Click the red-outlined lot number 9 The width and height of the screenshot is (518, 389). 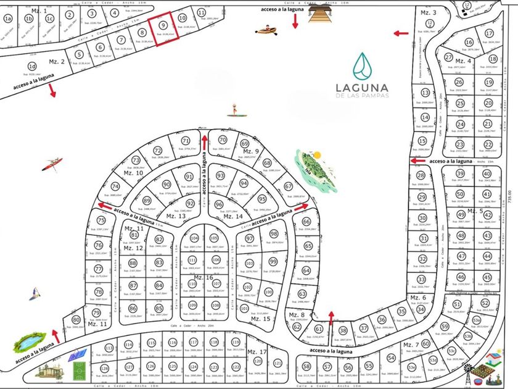pyautogui.click(x=163, y=25)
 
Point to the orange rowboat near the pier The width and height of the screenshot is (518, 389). pyautogui.click(x=266, y=29)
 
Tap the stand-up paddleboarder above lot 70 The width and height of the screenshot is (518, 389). pyautogui.click(x=235, y=110)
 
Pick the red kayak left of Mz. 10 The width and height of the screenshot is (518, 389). pyautogui.click(x=52, y=164)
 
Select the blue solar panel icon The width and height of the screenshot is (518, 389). pyautogui.click(x=77, y=356)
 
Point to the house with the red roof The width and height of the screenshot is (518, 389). pyautogui.click(x=493, y=359)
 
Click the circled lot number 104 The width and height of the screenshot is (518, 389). pyautogui.click(x=194, y=238)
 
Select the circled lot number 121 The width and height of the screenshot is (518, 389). pyautogui.click(x=277, y=362)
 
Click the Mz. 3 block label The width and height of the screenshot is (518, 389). pyautogui.click(x=428, y=13)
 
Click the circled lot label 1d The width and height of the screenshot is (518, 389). pyautogui.click(x=32, y=65)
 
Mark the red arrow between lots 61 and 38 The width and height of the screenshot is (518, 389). pyautogui.click(x=331, y=318)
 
